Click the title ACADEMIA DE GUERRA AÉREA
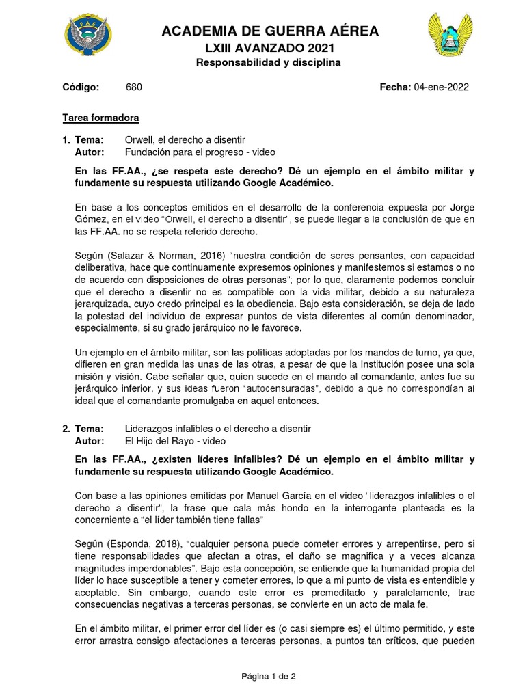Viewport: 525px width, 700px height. (x=269, y=31)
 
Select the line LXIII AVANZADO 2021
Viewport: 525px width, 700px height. (x=269, y=48)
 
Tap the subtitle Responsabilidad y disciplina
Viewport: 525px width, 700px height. (x=269, y=62)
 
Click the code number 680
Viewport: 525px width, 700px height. (x=135, y=87)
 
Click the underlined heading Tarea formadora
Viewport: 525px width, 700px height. (x=100, y=118)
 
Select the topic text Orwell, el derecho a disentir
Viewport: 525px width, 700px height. (x=185, y=139)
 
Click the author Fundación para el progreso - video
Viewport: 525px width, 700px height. (x=200, y=152)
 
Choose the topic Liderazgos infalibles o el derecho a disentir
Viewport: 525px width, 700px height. (x=218, y=429)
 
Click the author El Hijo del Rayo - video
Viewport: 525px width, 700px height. (x=174, y=441)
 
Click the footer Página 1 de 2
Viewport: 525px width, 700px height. (x=269, y=677)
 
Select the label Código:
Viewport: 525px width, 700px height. (x=81, y=87)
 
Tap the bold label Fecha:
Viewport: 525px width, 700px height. (x=395, y=87)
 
